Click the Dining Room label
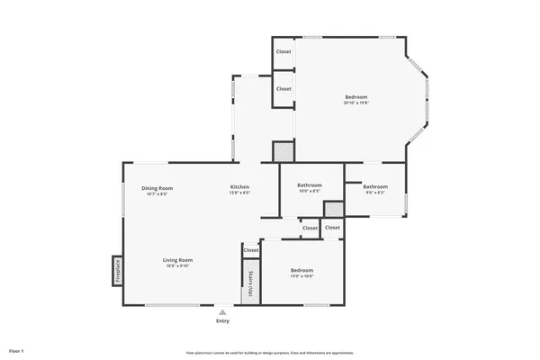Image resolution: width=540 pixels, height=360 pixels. [x=156, y=187]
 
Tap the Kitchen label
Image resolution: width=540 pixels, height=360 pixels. [x=239, y=187]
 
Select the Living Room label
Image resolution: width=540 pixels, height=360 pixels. [x=177, y=260]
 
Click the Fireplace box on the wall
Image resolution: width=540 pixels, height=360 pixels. [x=118, y=270]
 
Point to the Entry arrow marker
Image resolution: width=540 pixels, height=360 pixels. [x=222, y=312]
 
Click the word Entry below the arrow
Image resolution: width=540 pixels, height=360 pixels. [x=222, y=321]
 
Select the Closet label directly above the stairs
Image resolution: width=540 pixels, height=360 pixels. [x=250, y=250]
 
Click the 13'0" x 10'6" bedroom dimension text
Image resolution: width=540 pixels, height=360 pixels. [x=301, y=276]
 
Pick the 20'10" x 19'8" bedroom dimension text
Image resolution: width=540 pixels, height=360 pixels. [x=356, y=103]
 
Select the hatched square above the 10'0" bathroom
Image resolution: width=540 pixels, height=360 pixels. [x=283, y=151]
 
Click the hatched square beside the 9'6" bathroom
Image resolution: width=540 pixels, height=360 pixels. [x=333, y=209]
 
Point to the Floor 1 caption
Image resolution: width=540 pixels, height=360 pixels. [x=16, y=350]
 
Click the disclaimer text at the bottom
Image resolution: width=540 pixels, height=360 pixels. [x=269, y=352]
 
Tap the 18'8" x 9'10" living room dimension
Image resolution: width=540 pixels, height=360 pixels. [x=177, y=265]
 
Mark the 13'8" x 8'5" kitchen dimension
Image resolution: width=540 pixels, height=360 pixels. [x=239, y=193]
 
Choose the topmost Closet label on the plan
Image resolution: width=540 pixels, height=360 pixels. [x=283, y=52]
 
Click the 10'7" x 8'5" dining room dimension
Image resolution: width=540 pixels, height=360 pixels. [x=156, y=193]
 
